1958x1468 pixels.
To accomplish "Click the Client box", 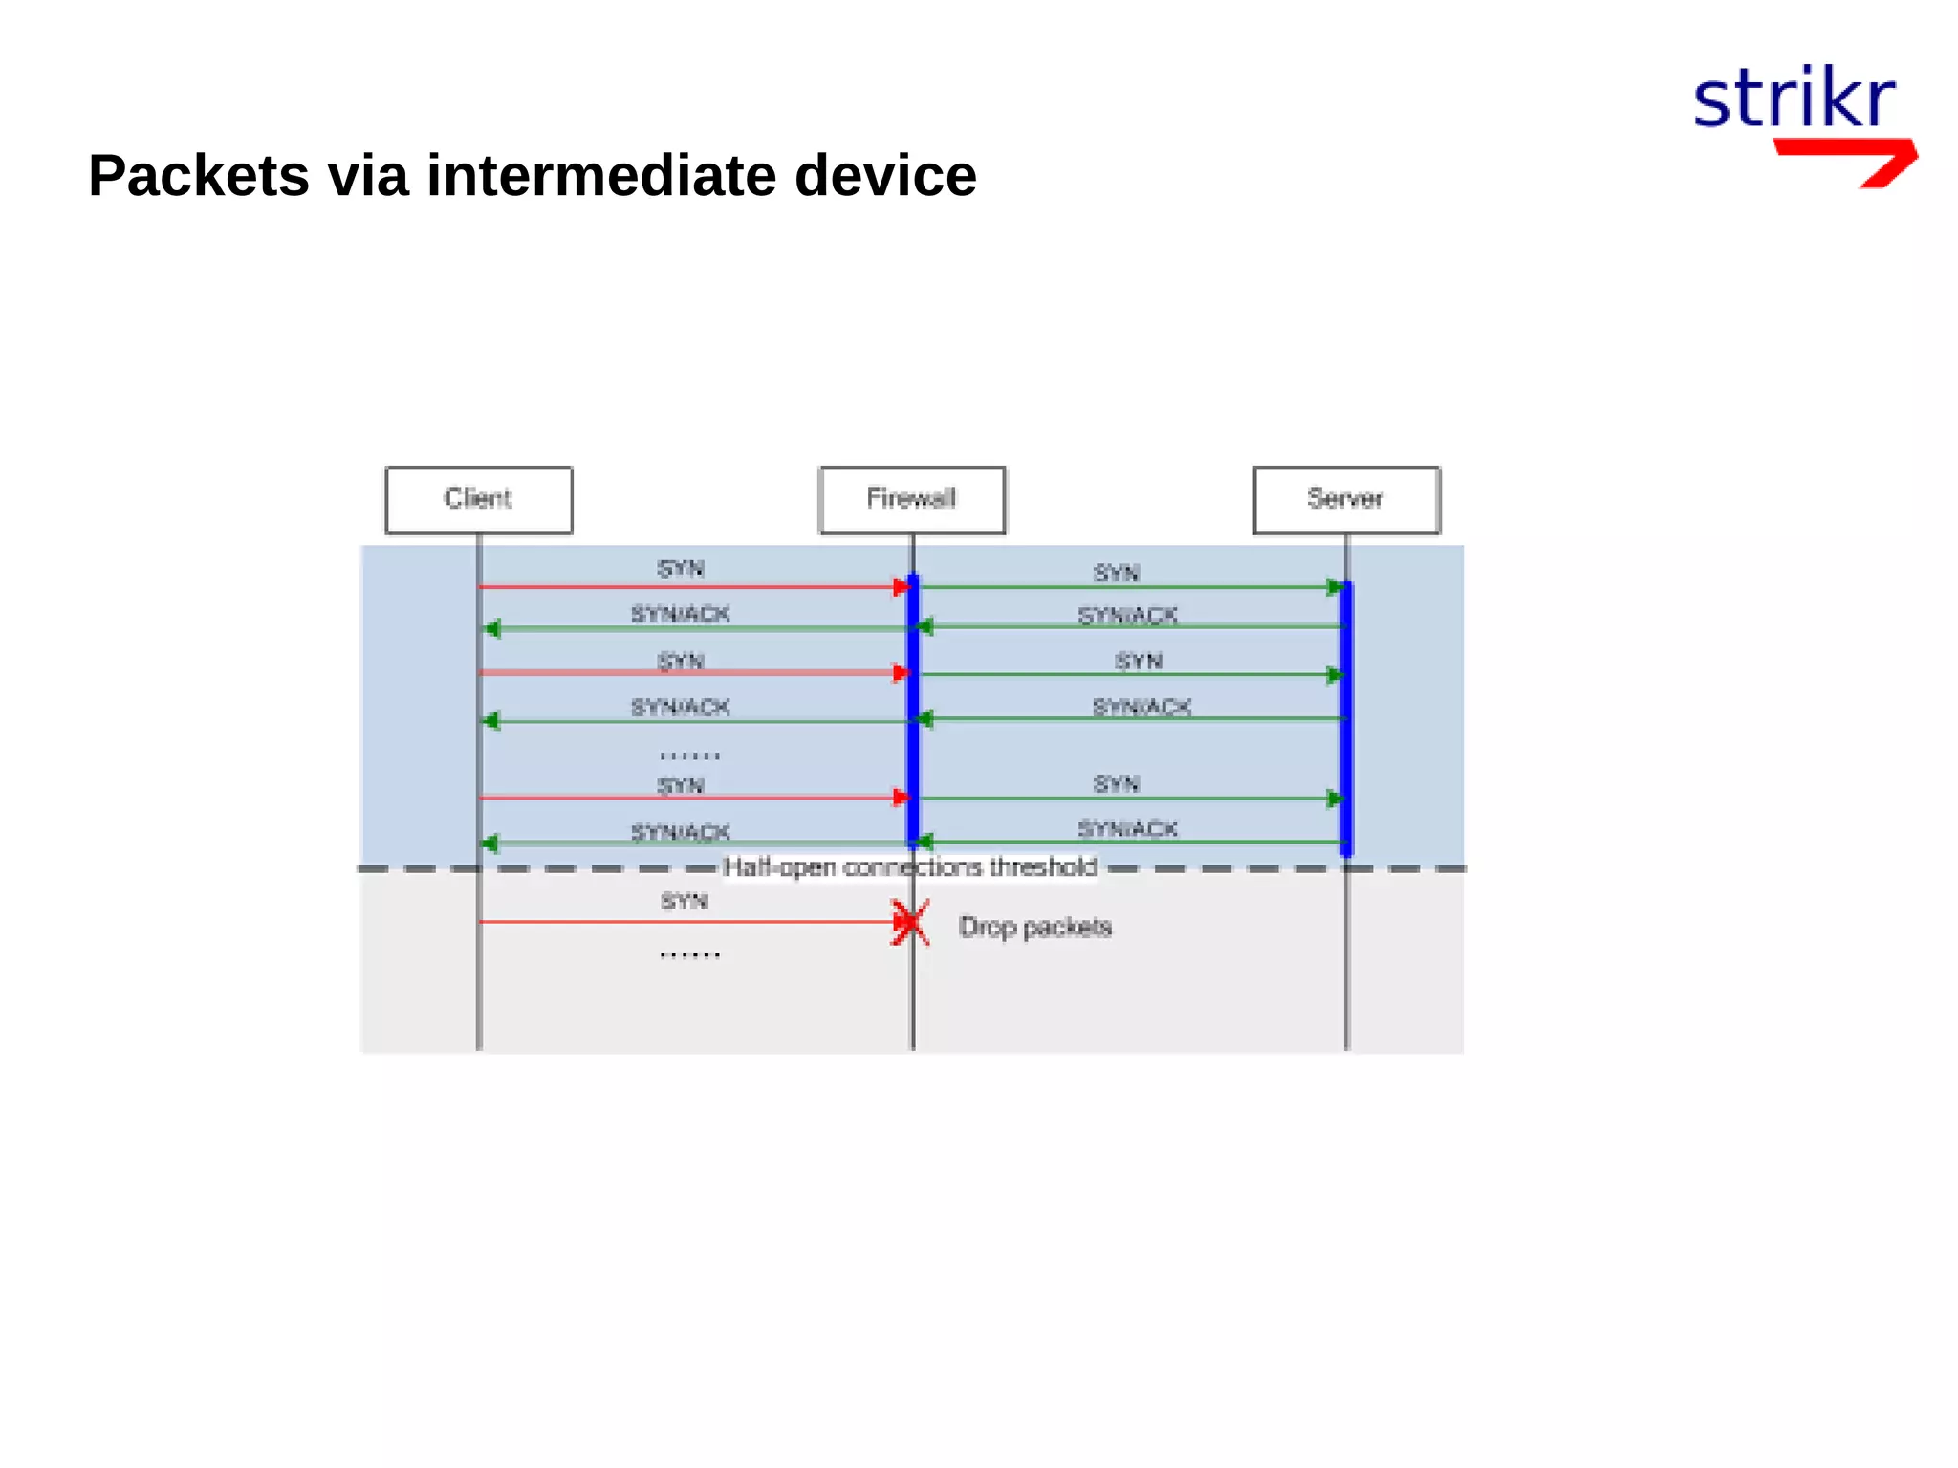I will (x=478, y=499).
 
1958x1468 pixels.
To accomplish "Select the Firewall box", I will (x=912, y=499).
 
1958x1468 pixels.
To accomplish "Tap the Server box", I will (x=1346, y=499).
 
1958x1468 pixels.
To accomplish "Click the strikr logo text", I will (x=1794, y=99).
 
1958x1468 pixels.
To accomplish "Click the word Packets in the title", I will (x=199, y=176).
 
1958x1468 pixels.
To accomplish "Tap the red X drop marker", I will (x=910, y=922).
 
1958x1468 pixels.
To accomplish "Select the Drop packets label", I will (x=1035, y=927).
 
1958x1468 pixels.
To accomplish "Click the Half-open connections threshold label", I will (x=910, y=867).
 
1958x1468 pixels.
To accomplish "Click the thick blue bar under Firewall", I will (x=913, y=712).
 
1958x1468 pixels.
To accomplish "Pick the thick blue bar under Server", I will (x=1346, y=717).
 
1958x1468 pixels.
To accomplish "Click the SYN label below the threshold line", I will (x=685, y=901).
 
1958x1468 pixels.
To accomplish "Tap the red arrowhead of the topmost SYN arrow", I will (x=901, y=587).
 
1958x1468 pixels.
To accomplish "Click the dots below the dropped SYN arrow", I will (x=689, y=953).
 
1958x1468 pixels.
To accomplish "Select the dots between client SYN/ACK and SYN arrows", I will (x=689, y=756).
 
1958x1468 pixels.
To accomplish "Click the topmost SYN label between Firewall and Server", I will (x=1117, y=573).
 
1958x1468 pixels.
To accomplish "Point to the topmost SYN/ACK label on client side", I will (x=680, y=614).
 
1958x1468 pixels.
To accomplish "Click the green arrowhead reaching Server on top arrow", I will (x=1335, y=587).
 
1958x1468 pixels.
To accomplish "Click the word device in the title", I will (x=885, y=176).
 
